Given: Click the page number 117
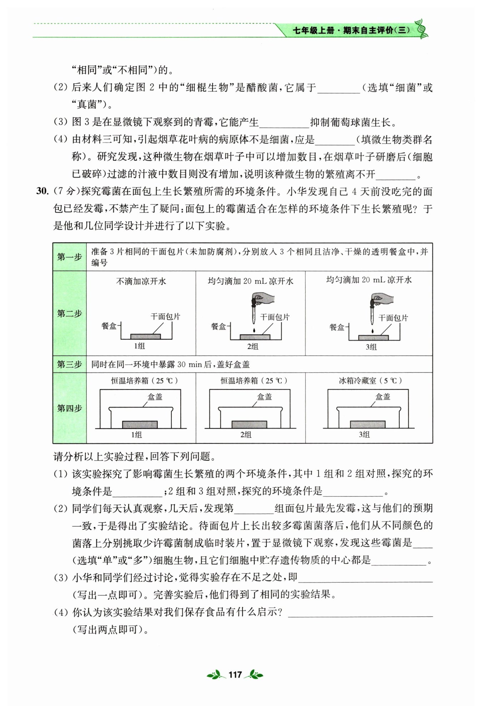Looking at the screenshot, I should pos(235,674).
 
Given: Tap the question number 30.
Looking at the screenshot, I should pos(42,191).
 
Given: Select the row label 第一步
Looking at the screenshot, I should pos(69,257).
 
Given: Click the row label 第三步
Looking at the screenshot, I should pos(69,365).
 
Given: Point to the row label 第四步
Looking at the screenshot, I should pos(69,408).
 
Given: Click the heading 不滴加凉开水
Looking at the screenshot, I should pos(141,281).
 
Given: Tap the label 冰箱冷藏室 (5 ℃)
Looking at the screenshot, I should pos(370,381).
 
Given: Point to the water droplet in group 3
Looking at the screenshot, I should pos(372,331).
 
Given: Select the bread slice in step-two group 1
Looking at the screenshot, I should pos(145,336).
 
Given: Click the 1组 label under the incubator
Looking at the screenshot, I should pos(136,435).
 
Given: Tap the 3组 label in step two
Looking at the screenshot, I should pos(371,346).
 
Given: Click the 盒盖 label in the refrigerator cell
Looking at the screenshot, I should pos(383,397).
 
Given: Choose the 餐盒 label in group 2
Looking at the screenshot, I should pos(219,326).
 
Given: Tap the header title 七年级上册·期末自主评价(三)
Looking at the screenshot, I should pos(351,30).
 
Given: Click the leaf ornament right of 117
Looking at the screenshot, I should pos(256,674).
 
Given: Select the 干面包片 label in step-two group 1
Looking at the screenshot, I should pos(165,317).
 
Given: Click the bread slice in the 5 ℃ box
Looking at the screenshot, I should pos(367,424).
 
